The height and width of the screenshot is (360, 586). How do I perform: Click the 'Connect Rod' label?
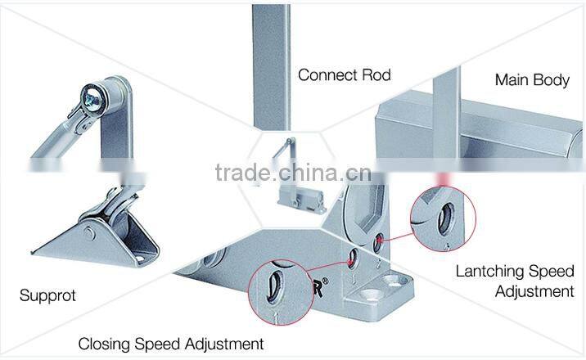pos(345,75)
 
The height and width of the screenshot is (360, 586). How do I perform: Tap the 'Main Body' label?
pos(532,80)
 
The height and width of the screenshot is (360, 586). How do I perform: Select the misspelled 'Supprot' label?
pos(47,295)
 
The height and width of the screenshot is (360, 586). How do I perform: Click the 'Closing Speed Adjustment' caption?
pos(171,344)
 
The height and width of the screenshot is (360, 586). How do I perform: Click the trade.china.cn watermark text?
pos(293,173)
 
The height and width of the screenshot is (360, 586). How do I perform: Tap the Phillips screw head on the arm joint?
pos(91,99)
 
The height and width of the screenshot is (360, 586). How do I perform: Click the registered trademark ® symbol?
pos(325,281)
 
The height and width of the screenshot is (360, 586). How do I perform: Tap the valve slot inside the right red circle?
pos(445,218)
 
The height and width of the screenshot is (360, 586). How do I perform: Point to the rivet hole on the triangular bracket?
pos(89,233)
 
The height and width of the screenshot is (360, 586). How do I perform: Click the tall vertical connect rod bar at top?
pos(272,67)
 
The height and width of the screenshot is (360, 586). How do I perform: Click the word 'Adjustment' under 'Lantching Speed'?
pos(534,291)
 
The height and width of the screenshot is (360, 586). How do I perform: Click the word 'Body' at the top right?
pos(551,80)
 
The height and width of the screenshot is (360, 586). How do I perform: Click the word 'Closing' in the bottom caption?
pos(105,344)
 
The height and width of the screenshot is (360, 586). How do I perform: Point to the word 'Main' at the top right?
pos(512,79)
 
